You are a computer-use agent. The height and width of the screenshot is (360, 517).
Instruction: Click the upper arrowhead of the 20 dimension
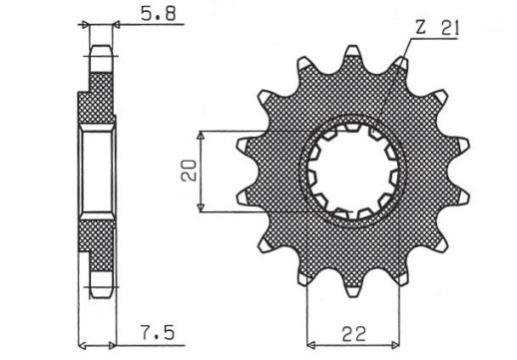tap(203, 134)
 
